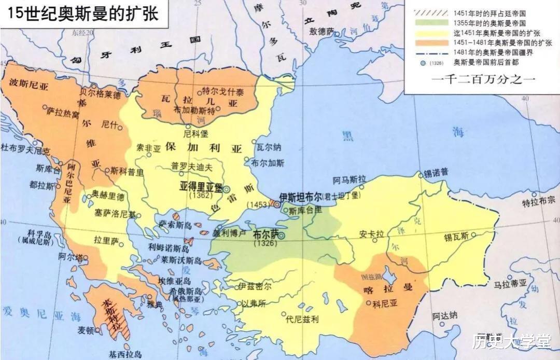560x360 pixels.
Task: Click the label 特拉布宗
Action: (x=538, y=201)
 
